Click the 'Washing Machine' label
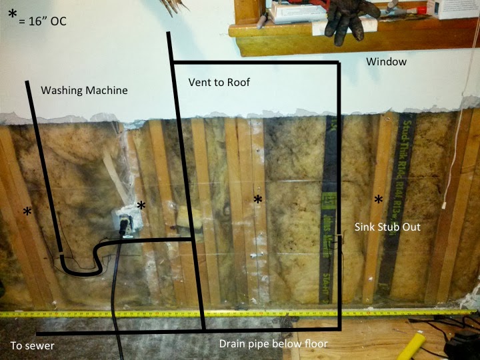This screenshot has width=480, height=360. point(84,90)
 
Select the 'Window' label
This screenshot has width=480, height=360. point(386,62)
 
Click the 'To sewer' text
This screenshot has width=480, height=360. point(32,345)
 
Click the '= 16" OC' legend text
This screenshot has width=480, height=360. point(44,21)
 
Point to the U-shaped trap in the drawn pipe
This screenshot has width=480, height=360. point(79,263)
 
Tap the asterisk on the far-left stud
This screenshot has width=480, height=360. point(27,212)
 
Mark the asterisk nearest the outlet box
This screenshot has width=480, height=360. point(141,206)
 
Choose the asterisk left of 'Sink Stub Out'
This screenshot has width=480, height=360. point(378,199)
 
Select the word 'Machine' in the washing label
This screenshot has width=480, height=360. point(105,90)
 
